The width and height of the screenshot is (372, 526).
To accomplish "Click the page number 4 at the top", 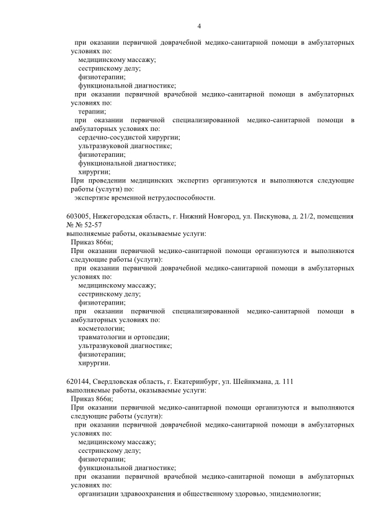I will pyautogui.click(x=199, y=25).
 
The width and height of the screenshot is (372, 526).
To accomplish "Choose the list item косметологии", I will pyautogui.click(x=102, y=328).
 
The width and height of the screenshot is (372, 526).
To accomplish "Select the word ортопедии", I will pyautogui.click(x=152, y=337).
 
